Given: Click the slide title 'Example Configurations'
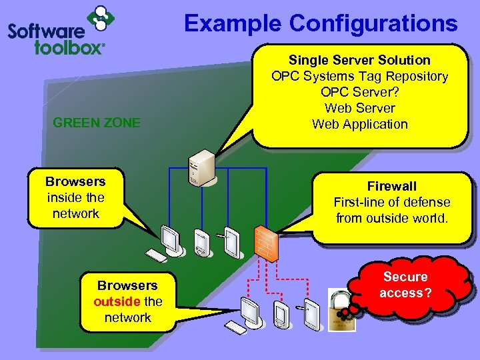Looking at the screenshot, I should click(321, 23).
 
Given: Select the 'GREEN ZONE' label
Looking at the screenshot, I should click(97, 123).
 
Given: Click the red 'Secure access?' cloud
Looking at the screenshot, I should click(405, 285).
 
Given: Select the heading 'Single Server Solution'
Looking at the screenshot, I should click(359, 60).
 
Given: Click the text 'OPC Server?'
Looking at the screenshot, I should click(359, 92).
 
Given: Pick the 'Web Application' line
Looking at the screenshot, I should click(359, 124).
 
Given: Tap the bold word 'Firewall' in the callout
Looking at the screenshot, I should click(392, 186).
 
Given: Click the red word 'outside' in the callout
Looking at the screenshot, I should click(117, 301).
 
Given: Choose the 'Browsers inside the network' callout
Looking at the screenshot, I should click(75, 197).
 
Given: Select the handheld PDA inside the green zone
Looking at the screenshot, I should click(200, 243).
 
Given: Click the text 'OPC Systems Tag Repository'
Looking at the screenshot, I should click(359, 76).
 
